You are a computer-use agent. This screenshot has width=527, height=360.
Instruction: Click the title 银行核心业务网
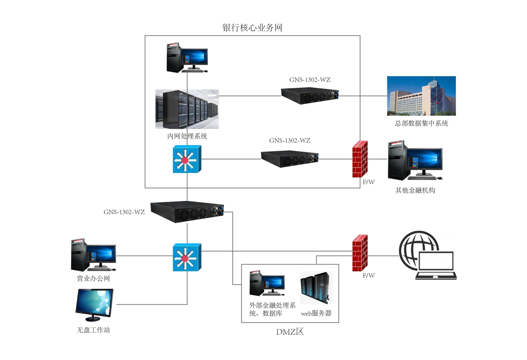point(252,28)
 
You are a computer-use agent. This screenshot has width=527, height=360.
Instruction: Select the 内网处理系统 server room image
point(187,109)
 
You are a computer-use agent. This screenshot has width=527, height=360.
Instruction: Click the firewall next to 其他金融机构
point(360,160)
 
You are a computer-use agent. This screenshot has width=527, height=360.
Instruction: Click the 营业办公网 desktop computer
point(93,255)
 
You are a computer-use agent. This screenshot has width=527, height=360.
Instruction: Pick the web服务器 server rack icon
point(316,289)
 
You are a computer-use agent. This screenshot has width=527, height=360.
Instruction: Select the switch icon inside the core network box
point(186,159)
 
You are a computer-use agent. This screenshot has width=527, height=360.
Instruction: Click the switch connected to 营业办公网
point(186,258)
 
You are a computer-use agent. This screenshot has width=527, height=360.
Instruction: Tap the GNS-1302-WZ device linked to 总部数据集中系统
point(310,96)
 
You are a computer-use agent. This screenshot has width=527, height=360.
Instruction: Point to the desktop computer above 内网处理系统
point(186,57)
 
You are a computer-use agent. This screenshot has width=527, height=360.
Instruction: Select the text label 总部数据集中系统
point(421,123)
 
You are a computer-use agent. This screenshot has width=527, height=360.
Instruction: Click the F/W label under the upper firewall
point(368,182)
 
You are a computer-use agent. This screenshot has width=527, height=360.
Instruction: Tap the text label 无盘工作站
point(93,330)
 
